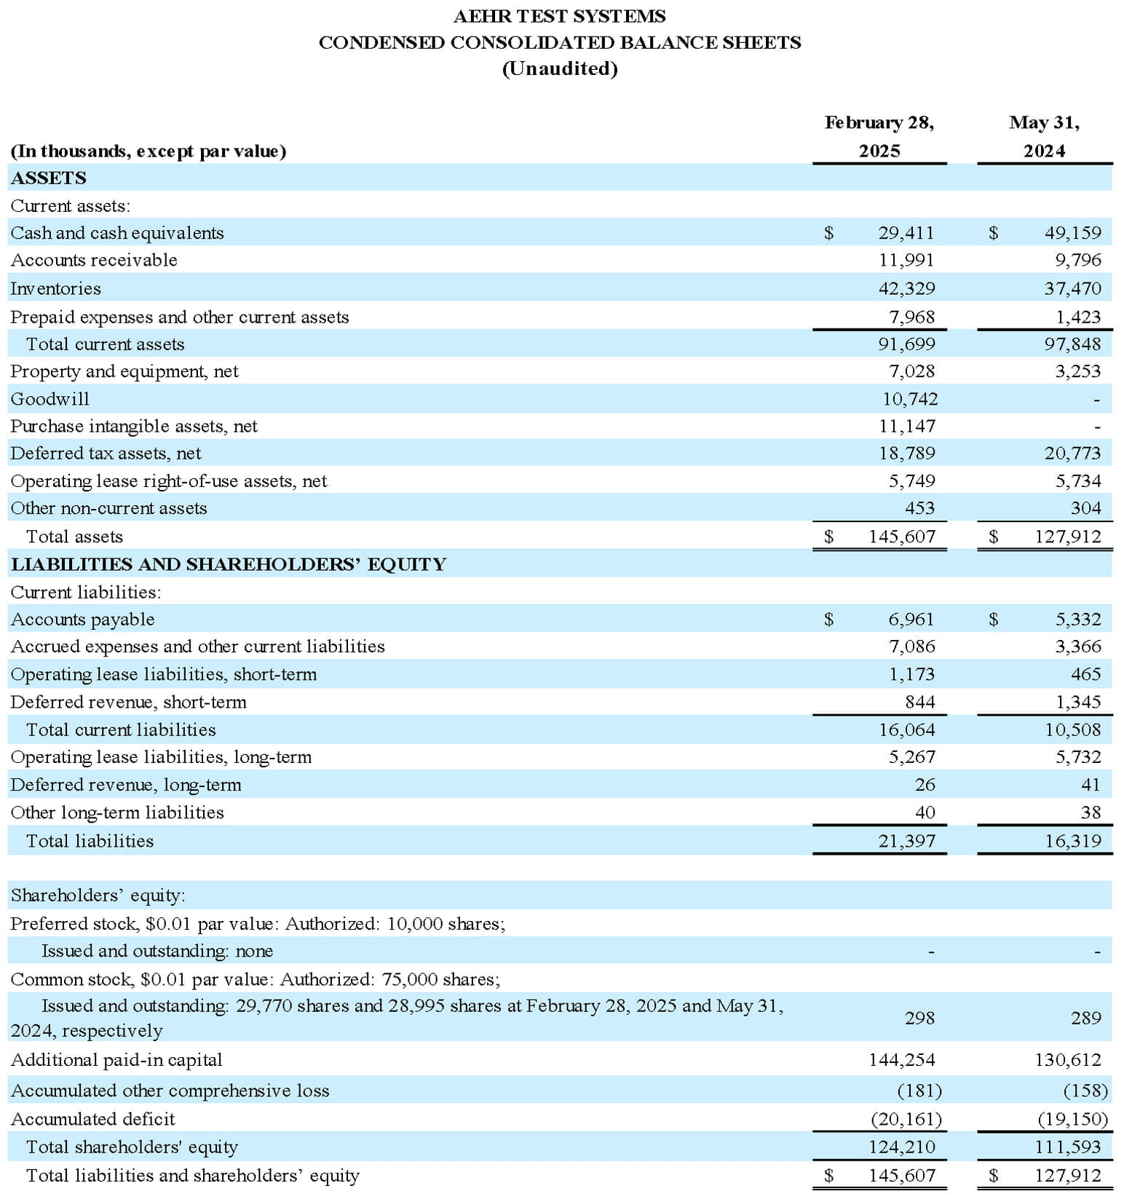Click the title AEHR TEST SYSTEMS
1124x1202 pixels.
click(559, 16)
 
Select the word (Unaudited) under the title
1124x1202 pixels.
click(559, 68)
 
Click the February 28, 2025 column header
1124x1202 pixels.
click(879, 136)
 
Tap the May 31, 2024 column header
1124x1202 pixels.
click(1044, 136)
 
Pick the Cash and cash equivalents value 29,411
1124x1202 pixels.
click(906, 233)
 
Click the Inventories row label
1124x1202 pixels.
click(55, 288)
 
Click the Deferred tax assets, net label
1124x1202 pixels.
click(106, 454)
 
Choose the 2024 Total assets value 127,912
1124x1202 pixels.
click(1068, 537)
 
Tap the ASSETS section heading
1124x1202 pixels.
click(48, 178)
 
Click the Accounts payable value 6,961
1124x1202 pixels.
click(911, 620)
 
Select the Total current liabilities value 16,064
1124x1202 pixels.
click(906, 729)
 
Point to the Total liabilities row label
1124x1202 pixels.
click(90, 841)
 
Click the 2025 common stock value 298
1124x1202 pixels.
click(919, 1018)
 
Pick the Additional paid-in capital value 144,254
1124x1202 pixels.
click(901, 1060)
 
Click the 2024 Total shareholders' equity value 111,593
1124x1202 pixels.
click(1068, 1147)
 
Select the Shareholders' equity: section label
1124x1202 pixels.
click(98, 895)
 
